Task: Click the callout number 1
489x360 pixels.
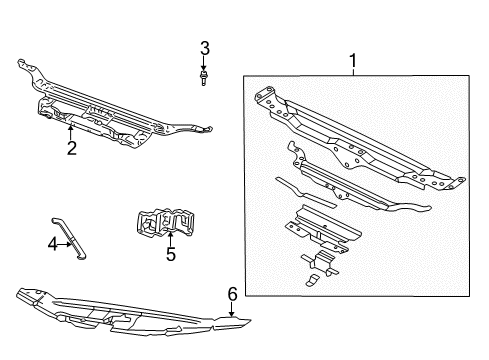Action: (x=352, y=62)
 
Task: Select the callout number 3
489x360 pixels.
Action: (x=204, y=47)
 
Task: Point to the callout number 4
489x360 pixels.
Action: (x=52, y=242)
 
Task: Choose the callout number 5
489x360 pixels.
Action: (x=170, y=255)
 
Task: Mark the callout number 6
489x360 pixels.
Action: (x=231, y=293)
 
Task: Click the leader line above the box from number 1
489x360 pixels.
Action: (x=352, y=72)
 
